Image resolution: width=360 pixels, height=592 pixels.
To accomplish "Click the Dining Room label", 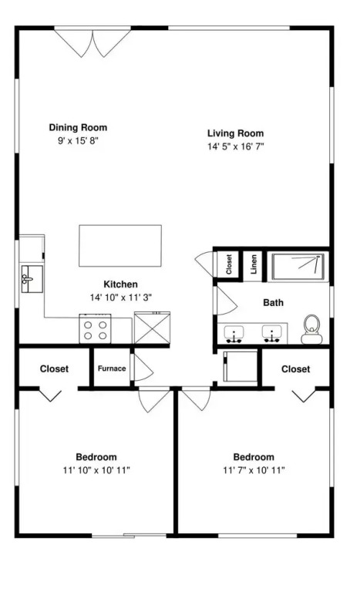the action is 78,128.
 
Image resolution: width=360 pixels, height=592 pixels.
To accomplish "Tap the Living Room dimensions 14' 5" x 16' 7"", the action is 235,146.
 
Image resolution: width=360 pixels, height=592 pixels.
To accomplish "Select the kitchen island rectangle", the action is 120,246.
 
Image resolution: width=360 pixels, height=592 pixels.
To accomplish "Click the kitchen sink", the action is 32,279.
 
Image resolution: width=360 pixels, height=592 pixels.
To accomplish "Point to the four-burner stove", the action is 95,329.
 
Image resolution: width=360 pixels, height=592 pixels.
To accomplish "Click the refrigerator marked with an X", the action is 152,328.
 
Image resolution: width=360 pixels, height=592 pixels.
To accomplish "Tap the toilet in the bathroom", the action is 311,330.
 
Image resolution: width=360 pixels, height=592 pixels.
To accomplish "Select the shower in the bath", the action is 301,267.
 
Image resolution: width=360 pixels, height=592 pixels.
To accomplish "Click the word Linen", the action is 254,264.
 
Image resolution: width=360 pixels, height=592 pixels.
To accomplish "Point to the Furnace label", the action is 112,368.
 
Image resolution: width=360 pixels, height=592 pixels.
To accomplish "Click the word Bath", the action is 273,302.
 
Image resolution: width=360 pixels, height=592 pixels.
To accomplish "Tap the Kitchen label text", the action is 120,284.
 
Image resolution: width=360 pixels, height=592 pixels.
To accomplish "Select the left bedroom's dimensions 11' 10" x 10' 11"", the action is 96,470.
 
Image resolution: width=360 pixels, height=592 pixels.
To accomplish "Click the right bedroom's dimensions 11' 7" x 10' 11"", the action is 254,470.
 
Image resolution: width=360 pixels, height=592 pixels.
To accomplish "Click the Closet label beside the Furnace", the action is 55,368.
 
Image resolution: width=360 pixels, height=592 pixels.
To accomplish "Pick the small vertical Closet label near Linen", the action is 228,264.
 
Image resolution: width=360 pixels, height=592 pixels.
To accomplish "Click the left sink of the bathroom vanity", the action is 234,334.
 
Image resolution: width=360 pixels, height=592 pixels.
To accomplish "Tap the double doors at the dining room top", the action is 93,43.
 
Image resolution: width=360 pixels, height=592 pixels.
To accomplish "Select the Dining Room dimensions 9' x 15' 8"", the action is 78,141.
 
